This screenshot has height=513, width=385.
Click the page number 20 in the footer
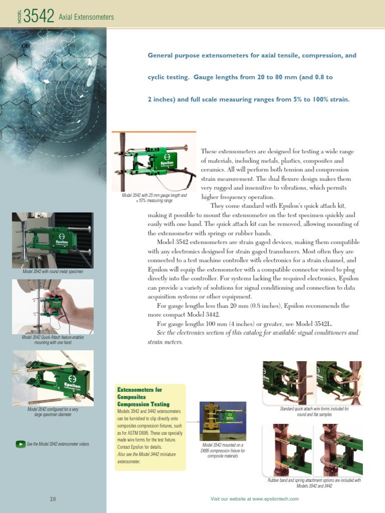[x=53, y=499]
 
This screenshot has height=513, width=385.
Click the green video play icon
[x=20, y=444]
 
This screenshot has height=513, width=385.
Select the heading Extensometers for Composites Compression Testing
[x=143, y=396]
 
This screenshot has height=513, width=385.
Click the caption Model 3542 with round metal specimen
[x=53, y=272]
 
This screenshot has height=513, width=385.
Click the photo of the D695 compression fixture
[x=223, y=420]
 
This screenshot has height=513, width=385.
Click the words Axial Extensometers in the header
[x=86, y=18]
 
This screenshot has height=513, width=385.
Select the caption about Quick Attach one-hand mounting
[x=53, y=340]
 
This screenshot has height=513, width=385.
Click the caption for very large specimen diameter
[x=53, y=412]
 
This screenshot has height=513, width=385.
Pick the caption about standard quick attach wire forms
[x=314, y=411]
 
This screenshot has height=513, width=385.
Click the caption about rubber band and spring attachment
[x=314, y=483]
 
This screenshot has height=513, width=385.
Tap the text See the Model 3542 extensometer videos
[x=58, y=444]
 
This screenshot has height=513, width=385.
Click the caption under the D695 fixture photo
[x=223, y=450]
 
